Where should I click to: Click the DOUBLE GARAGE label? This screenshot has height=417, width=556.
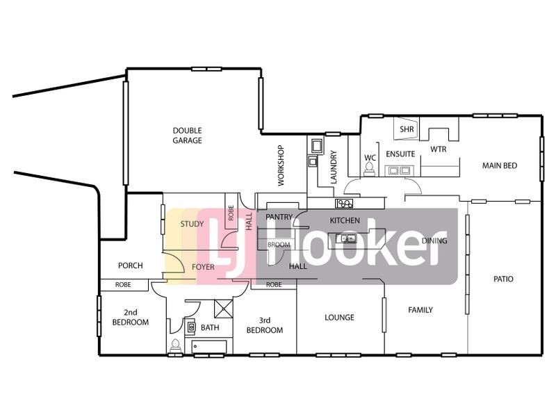[x=188, y=135]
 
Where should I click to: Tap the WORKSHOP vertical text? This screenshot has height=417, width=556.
[x=281, y=165]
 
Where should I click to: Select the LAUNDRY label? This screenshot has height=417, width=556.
[x=334, y=167]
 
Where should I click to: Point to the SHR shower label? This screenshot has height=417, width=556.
[x=407, y=129]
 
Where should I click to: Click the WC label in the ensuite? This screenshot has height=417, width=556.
[x=370, y=158]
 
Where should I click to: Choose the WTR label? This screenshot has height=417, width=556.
[x=438, y=149]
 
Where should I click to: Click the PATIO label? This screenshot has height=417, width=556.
[x=503, y=279]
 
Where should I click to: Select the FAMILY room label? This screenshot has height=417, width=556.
[x=420, y=310]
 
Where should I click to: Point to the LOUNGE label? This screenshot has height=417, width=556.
[x=339, y=318]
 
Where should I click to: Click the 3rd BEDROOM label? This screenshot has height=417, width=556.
[x=265, y=325]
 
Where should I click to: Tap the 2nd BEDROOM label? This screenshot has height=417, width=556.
[x=131, y=317]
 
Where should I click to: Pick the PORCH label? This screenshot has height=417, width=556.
[x=131, y=265]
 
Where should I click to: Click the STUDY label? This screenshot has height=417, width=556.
[x=192, y=224]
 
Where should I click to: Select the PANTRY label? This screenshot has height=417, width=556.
[x=278, y=217]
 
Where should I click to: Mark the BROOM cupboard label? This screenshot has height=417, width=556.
[x=279, y=245]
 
